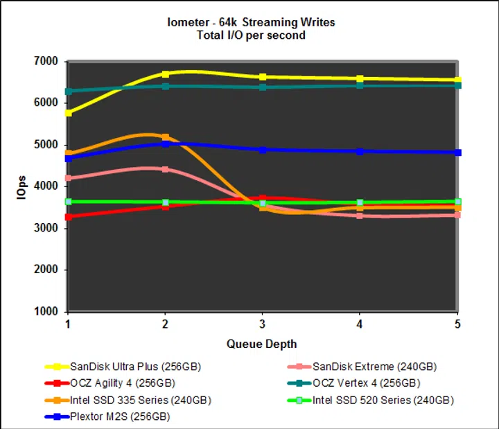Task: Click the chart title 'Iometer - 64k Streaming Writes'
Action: [x=250, y=22]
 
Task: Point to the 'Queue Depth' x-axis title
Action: [x=261, y=344]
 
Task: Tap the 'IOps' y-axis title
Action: [x=21, y=187]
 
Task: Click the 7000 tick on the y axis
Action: [x=46, y=62]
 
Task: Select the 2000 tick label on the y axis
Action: [x=46, y=270]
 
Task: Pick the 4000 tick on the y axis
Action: [x=46, y=186]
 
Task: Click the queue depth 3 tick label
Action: [x=263, y=325]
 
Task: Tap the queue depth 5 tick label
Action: [x=457, y=325]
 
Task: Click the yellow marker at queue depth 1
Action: [x=68, y=112]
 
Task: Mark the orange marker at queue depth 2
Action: [x=165, y=137]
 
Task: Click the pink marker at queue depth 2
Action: [x=165, y=169]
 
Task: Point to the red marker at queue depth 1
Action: [x=68, y=217]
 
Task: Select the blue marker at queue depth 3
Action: [x=263, y=150]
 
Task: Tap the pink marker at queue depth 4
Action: [x=360, y=216]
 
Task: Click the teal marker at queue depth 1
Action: [x=68, y=91]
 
